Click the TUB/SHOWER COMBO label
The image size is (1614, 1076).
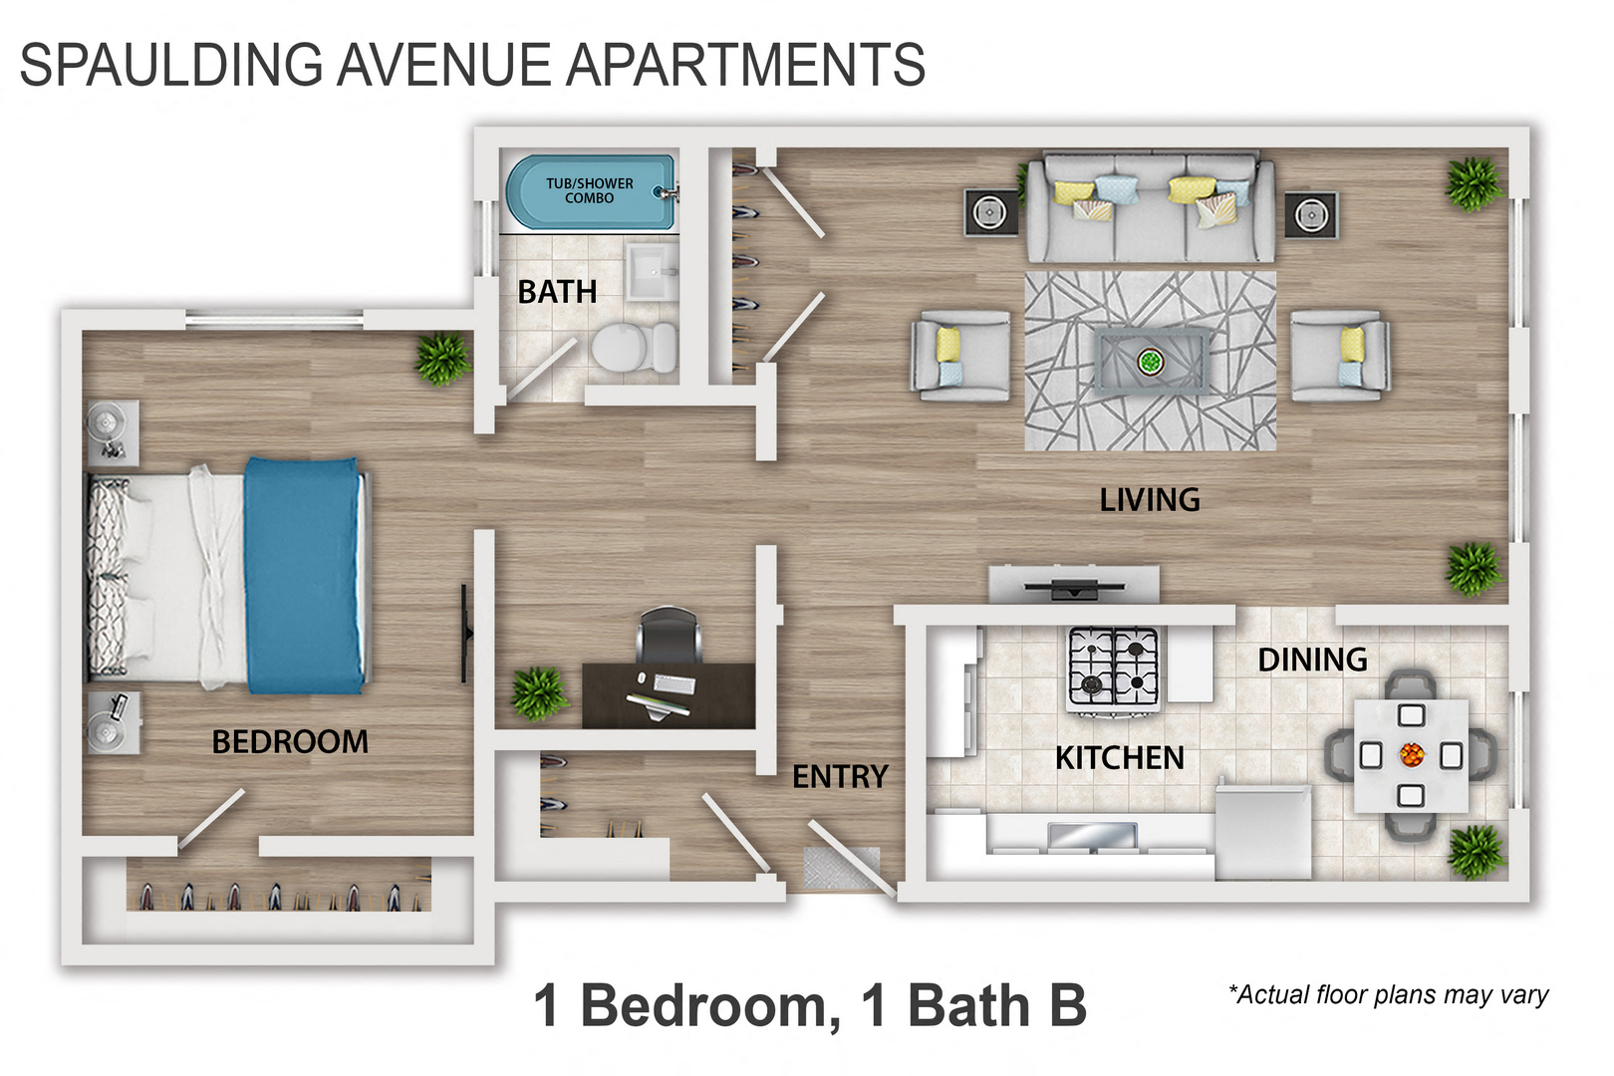click(589, 190)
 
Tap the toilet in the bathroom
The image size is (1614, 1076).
click(634, 348)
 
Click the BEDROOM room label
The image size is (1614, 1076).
click(290, 742)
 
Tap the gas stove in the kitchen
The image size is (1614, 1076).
click(1114, 669)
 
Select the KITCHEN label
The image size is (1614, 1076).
click(1120, 758)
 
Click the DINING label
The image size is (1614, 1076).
click(1312, 660)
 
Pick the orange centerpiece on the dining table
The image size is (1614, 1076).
click(1411, 754)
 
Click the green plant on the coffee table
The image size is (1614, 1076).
click(1151, 361)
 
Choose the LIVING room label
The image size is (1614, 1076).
click(1150, 500)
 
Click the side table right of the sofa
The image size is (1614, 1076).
click(1311, 214)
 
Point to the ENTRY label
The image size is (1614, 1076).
click(840, 776)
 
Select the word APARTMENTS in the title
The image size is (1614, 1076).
click(746, 65)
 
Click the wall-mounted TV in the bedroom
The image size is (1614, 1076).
click(465, 634)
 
